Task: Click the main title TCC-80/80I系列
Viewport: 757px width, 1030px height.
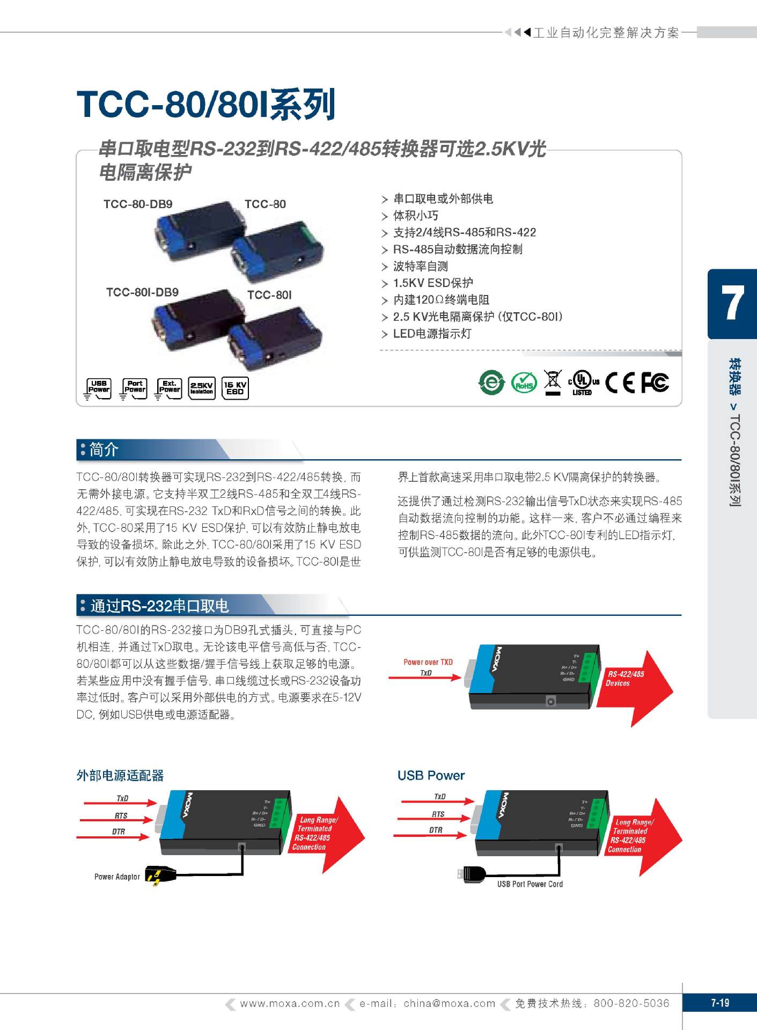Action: point(206,104)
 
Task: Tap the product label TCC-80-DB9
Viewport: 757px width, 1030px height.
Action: point(138,204)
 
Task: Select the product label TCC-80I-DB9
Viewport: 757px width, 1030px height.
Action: point(142,292)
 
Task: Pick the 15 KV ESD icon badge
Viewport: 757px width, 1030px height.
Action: point(235,388)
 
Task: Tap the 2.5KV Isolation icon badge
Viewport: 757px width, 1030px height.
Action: point(202,388)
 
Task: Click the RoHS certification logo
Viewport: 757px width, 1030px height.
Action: point(524,382)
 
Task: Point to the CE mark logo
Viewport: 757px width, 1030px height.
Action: point(620,382)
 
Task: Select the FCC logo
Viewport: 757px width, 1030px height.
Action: point(655,382)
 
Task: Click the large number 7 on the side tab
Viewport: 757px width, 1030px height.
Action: point(732,303)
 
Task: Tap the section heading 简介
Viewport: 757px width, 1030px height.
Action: point(104,450)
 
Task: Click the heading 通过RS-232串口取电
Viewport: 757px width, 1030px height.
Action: point(159,606)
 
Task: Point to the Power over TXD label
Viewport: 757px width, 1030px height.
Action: point(428,662)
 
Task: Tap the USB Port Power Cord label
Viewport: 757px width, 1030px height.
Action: point(530,884)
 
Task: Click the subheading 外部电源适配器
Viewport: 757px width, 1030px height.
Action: point(120,776)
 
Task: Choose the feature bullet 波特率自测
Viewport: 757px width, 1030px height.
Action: point(420,266)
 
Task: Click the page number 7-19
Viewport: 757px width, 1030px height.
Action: point(719,1003)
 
